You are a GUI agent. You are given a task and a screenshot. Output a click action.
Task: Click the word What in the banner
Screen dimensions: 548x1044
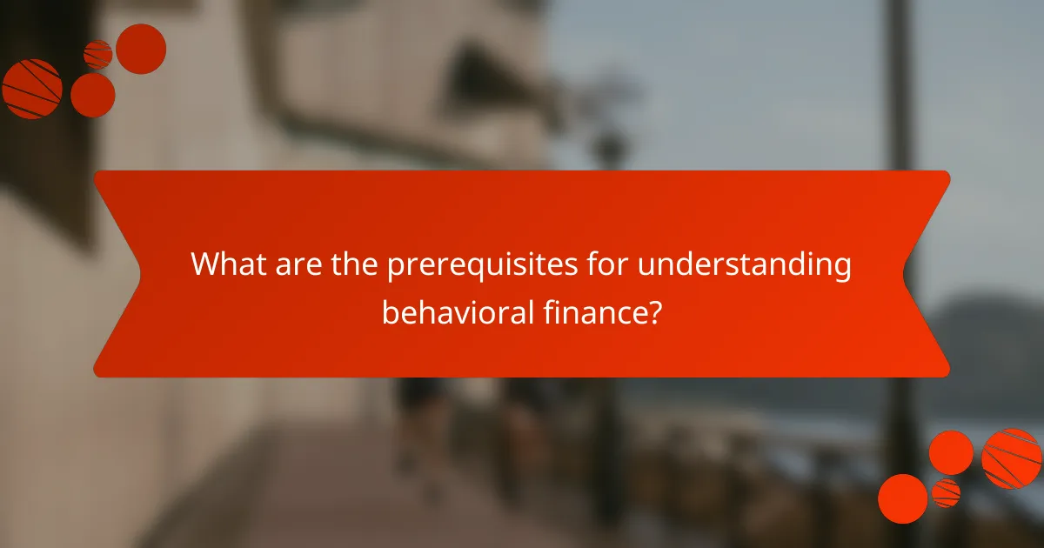coord(224,264)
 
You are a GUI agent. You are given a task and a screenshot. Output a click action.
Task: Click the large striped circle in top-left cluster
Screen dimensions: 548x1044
coord(32,89)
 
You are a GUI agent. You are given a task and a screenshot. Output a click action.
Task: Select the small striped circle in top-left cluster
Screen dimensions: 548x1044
coord(97,55)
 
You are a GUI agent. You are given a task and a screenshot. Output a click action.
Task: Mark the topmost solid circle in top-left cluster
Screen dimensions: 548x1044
coord(141,49)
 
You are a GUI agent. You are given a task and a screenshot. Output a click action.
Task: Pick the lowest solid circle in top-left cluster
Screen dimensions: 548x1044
coord(92,95)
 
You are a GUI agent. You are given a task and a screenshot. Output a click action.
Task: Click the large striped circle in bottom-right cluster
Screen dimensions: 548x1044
coord(1011,458)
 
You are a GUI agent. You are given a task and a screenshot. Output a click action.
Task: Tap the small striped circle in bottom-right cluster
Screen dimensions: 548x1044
coord(946,492)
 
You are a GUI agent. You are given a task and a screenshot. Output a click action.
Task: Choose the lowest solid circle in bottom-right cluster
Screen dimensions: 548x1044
coord(902,498)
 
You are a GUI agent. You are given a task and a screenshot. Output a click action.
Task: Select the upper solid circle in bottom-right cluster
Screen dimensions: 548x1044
coord(951,452)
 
